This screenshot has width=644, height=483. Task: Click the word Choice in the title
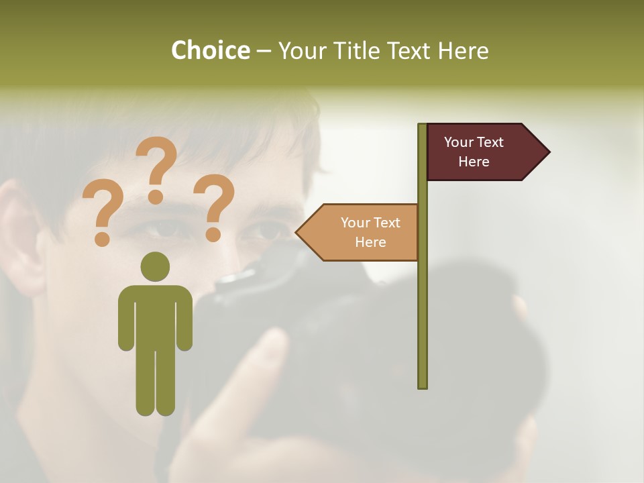210,50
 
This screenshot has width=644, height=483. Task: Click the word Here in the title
464,50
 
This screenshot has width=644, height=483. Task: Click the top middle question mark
156,168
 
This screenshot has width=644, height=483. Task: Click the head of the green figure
155,266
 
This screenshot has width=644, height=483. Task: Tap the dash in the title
264,52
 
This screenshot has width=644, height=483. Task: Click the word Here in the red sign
474,162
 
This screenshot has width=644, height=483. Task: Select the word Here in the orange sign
370,242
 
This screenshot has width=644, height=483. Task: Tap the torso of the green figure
155,315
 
